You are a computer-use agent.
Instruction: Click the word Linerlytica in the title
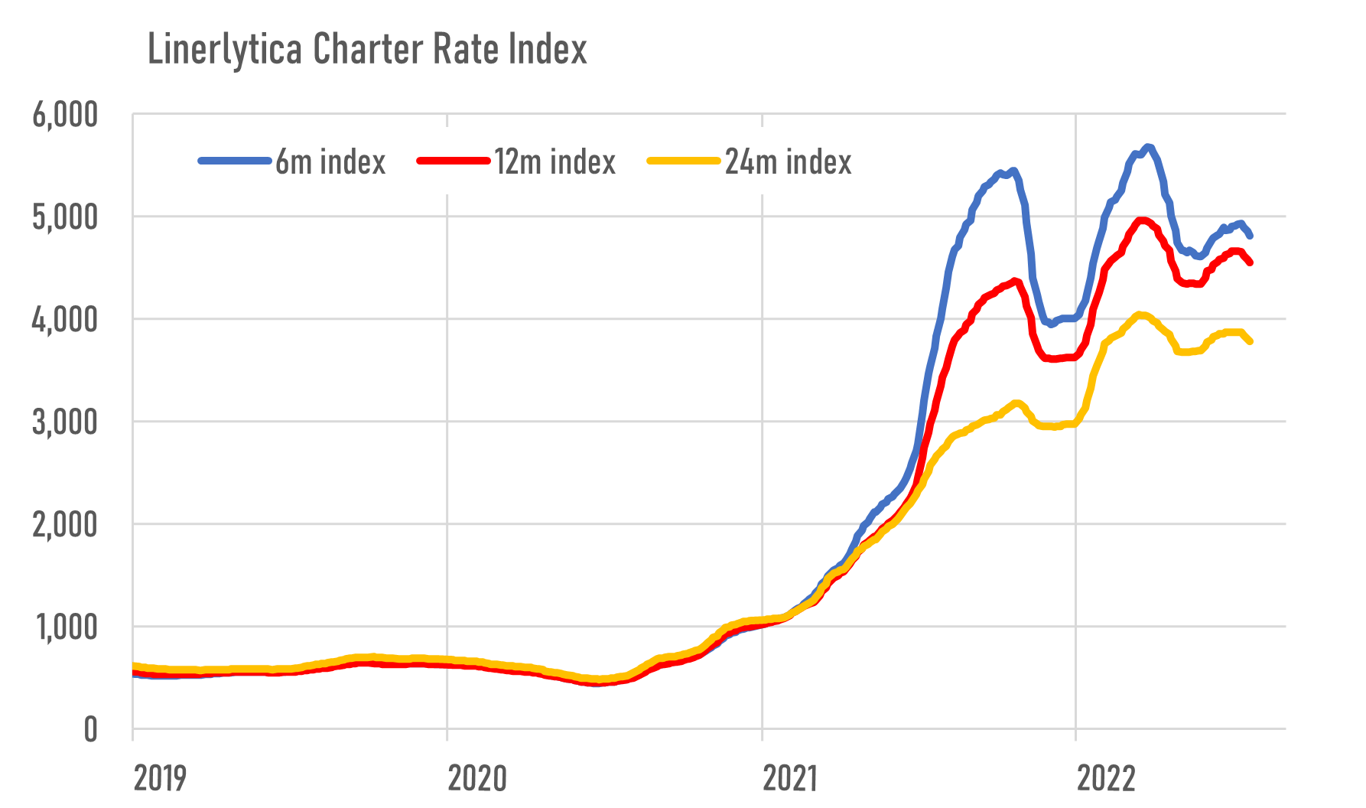224,50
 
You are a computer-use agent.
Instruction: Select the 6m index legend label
330,162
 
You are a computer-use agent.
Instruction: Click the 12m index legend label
555,162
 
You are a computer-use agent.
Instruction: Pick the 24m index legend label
788,162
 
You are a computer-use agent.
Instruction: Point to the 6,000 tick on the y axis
65,116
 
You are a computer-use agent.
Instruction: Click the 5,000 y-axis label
65,218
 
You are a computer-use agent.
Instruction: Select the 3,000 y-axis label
65,422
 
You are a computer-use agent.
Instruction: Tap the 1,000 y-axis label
65,627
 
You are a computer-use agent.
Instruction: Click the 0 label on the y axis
90,730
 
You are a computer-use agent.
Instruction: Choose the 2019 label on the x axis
160,779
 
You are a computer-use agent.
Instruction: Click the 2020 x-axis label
477,779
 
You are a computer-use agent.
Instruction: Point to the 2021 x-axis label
790,779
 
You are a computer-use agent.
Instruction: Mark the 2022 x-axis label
1106,779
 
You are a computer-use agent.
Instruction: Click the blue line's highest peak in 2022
1147,146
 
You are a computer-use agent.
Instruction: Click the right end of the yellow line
1250,341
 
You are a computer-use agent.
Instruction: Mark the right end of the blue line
1250,236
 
